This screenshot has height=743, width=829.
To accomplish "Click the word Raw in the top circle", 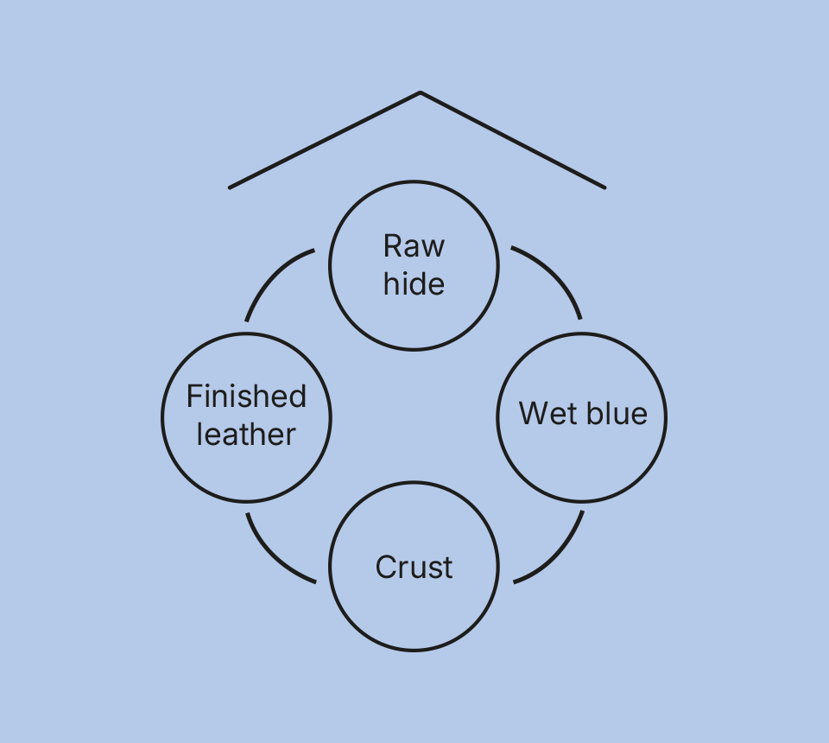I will (x=414, y=246).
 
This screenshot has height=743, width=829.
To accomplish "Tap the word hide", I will (x=414, y=284).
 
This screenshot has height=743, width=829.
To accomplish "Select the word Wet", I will (x=548, y=414).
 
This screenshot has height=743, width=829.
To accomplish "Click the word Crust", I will (x=414, y=568).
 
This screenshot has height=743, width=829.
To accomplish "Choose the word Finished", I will (x=246, y=397).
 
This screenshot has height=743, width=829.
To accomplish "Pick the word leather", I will (x=246, y=435).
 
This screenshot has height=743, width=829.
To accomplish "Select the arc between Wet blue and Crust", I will (x=558, y=556).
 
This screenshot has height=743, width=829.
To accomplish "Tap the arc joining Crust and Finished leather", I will (x=271, y=556).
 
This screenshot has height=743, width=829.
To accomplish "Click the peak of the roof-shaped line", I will (x=420, y=92).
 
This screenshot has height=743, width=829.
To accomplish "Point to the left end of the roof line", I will (x=230, y=187).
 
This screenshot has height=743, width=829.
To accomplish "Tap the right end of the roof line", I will (x=604, y=187).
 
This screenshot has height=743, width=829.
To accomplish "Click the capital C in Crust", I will (x=386, y=568).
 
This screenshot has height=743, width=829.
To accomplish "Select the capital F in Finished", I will (x=193, y=397).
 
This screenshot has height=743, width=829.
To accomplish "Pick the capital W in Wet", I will (x=533, y=414).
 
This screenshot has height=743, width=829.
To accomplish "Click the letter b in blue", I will (x=593, y=414).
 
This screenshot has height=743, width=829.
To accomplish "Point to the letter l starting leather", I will (x=199, y=435).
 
